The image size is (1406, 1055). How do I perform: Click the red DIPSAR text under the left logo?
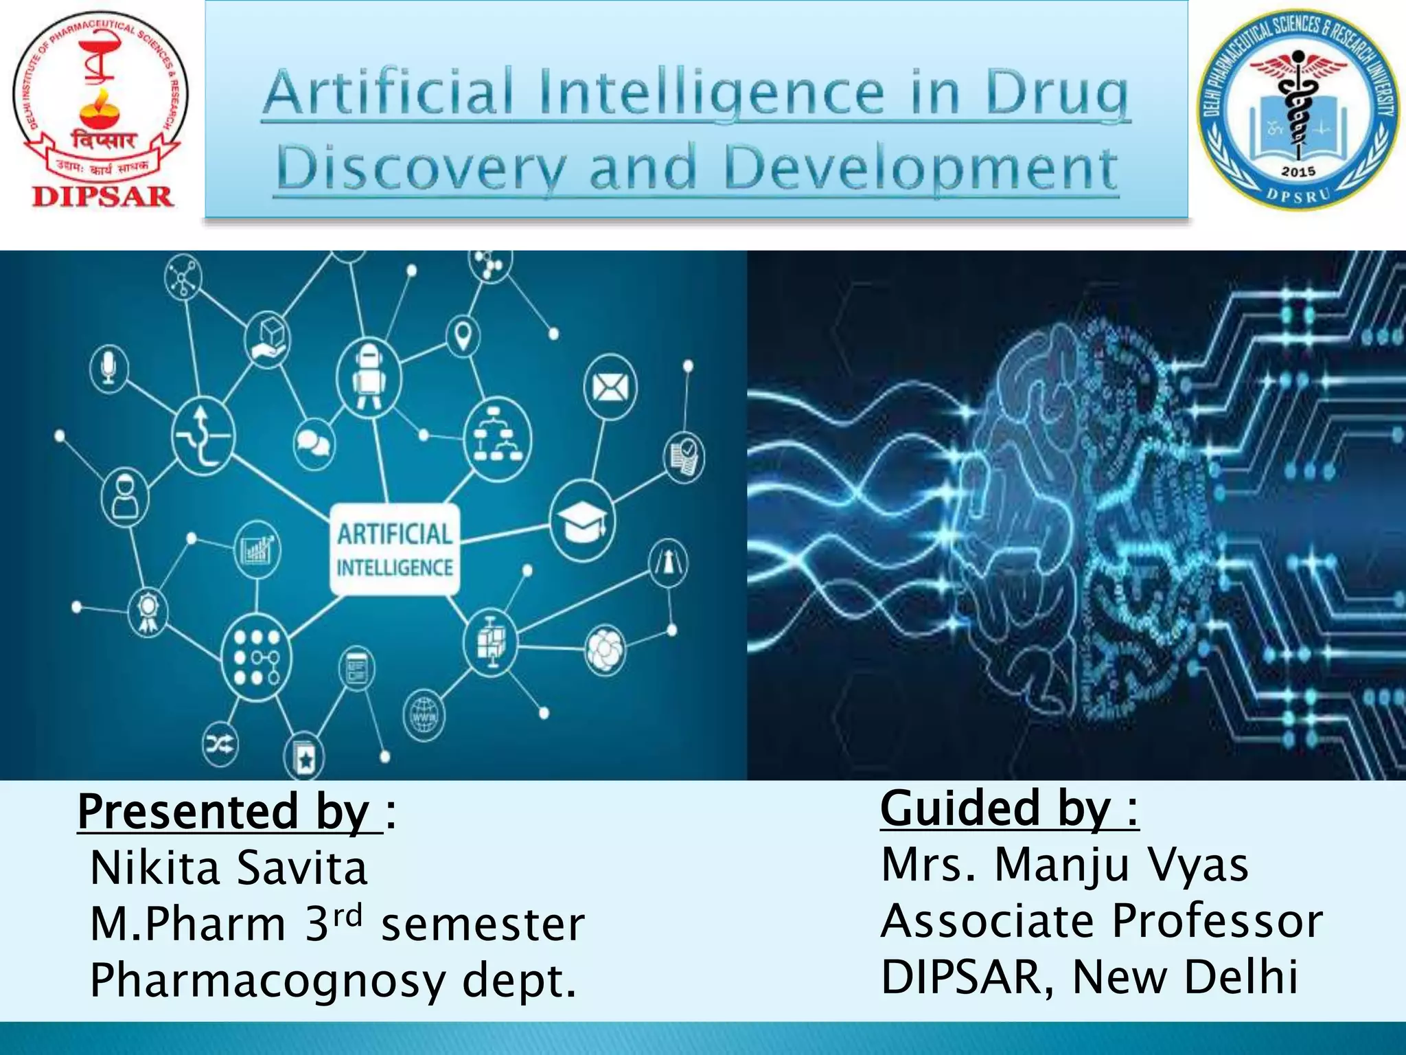(x=102, y=196)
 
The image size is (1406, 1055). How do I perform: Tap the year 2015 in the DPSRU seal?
(x=1298, y=171)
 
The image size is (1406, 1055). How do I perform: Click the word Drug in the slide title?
(x=1057, y=93)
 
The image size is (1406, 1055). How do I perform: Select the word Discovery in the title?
(x=422, y=169)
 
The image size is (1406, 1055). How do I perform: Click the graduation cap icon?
(x=582, y=521)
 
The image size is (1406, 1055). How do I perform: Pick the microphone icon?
(x=108, y=368)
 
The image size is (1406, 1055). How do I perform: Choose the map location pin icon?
(x=463, y=336)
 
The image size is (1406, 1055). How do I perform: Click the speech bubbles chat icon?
(x=314, y=442)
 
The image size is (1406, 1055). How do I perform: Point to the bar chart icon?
(x=257, y=549)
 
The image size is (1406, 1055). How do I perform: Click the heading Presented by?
(x=229, y=812)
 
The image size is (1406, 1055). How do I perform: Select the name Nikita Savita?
(x=229, y=868)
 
